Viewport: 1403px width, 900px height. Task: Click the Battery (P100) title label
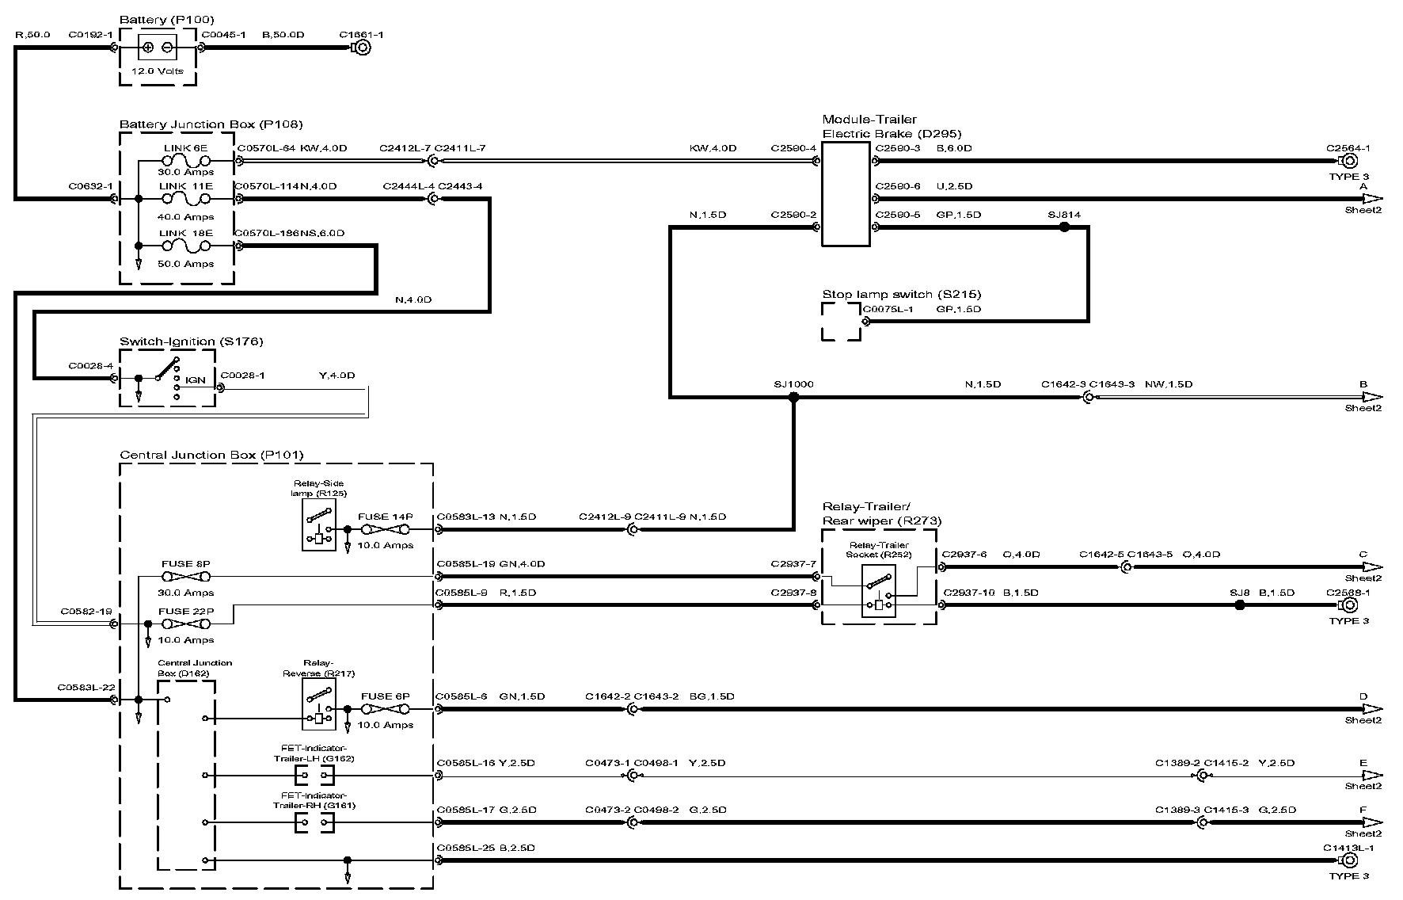(x=166, y=19)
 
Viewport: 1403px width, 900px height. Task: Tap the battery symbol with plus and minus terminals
(x=158, y=48)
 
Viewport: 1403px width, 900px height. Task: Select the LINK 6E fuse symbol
(x=186, y=161)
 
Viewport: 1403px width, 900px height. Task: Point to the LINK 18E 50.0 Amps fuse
(x=186, y=246)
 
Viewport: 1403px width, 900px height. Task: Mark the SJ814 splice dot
(x=1064, y=227)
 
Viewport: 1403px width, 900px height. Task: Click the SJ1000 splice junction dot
(x=793, y=398)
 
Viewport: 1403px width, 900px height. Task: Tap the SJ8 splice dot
(x=1240, y=605)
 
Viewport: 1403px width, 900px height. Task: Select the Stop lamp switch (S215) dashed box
(x=841, y=322)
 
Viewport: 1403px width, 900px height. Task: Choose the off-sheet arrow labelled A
(x=1371, y=199)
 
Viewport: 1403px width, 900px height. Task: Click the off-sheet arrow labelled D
(x=1371, y=709)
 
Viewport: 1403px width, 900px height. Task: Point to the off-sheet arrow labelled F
(x=1371, y=822)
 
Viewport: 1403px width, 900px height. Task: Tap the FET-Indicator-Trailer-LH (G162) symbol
(x=314, y=776)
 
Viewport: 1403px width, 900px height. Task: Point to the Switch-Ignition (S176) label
(x=191, y=341)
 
